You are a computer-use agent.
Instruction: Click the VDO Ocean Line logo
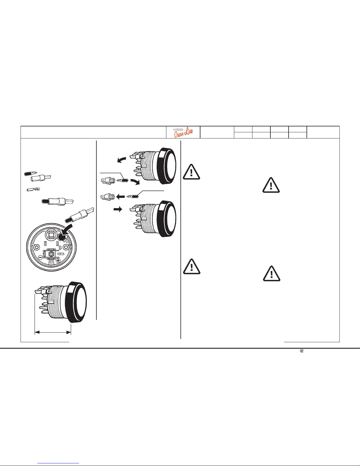[183, 132]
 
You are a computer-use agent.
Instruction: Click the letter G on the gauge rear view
[60, 248]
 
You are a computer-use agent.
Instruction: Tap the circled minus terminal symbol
[40, 257]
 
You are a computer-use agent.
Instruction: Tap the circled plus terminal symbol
[58, 261]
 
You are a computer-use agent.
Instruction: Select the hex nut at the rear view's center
[51, 254]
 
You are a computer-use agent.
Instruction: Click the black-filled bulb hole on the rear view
[62, 237]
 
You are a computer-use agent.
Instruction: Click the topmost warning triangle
[191, 172]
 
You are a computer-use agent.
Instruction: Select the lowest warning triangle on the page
[272, 273]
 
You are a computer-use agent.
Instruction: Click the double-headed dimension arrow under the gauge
[53, 333]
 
